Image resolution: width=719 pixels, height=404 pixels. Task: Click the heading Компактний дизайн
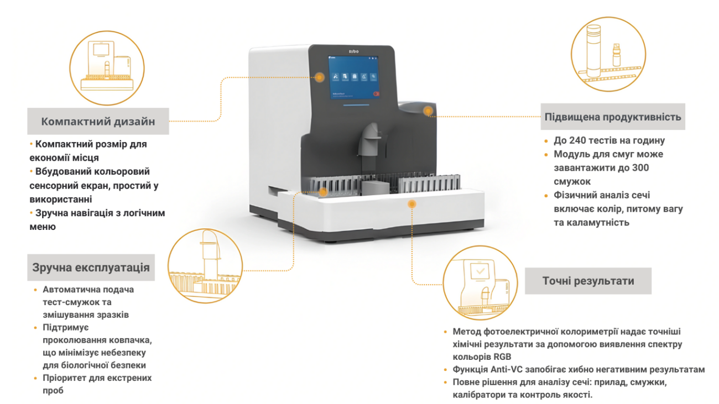pos(98,122)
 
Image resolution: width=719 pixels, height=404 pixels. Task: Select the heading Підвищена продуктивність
pos(612,117)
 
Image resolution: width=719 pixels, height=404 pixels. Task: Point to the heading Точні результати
pos(587,281)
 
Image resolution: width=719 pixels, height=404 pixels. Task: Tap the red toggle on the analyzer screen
pos(377,94)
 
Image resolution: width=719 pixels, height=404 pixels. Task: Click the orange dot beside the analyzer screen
pos(320,77)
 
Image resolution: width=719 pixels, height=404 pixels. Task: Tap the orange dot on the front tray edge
pos(411,204)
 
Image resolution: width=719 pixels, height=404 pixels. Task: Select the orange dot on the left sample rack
pos(323,191)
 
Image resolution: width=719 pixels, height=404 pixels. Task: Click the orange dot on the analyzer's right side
pos(428,111)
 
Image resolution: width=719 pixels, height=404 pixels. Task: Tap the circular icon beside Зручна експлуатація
pos(205,266)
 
